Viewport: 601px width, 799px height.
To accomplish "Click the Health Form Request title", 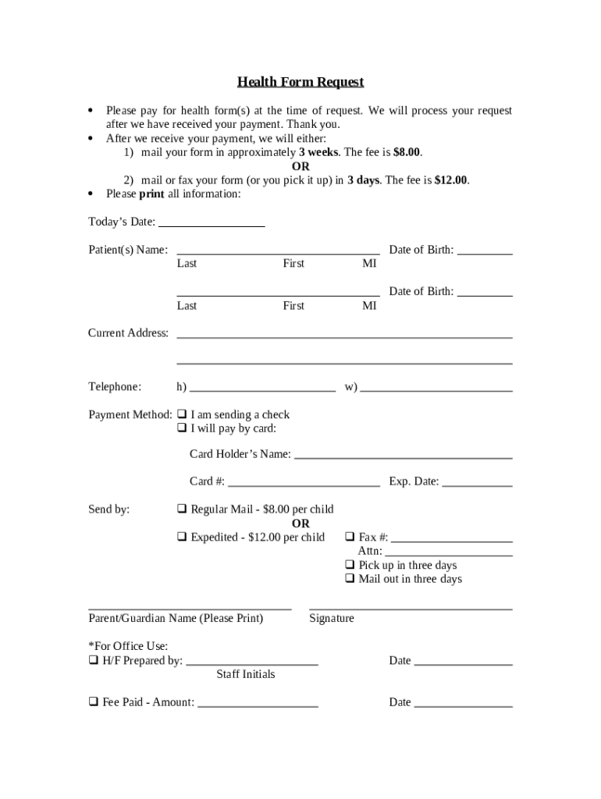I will [x=300, y=82].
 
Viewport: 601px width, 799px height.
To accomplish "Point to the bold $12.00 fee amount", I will [x=451, y=180].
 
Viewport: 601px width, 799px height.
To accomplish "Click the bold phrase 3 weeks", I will [x=318, y=152].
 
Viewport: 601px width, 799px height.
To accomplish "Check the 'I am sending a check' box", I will [x=181, y=414].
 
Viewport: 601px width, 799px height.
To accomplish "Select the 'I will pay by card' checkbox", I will [x=181, y=428].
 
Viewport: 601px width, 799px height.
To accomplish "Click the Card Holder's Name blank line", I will [x=403, y=456].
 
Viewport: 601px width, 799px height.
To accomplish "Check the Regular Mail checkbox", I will [x=181, y=510].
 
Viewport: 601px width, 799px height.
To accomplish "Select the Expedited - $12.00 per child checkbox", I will [x=181, y=538].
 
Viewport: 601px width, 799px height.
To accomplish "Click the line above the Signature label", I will [x=411, y=606].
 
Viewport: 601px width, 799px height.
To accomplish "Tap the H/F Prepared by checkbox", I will [x=93, y=661].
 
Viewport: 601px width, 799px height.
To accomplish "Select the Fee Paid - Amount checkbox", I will [x=93, y=702].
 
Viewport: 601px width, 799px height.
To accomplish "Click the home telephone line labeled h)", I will [x=262, y=388].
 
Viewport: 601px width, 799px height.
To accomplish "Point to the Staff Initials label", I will [x=246, y=674].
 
